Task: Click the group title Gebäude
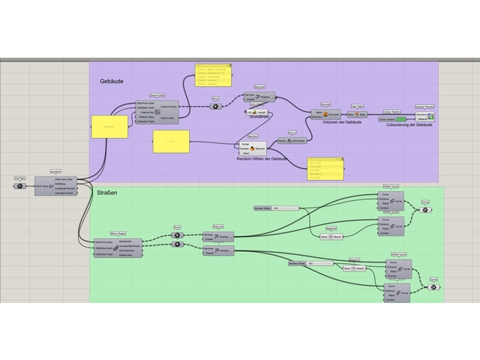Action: (x=111, y=80)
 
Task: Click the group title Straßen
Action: (x=107, y=193)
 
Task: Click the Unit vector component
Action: (x=290, y=140)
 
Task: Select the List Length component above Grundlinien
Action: (x=257, y=112)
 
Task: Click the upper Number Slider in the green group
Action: (x=276, y=208)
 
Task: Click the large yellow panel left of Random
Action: (x=170, y=142)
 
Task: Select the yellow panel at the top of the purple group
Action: (x=213, y=76)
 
